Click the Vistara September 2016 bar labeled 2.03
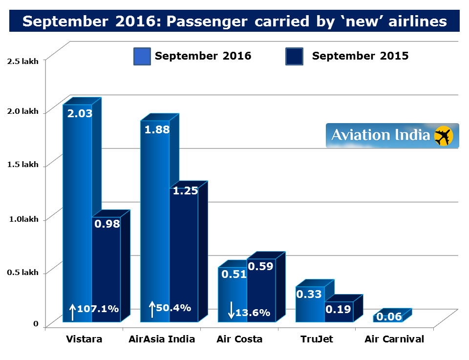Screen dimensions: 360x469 click(x=77, y=205)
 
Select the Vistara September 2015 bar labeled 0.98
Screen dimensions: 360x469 click(x=106, y=269)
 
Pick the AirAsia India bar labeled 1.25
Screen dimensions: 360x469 click(x=184, y=254)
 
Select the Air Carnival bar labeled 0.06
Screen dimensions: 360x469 click(x=389, y=318)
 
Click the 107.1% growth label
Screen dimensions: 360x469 click(x=98, y=309)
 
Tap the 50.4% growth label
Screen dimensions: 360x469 click(x=173, y=308)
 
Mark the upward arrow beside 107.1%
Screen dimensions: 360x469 click(x=72, y=312)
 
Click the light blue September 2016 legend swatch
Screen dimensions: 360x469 click(x=142, y=56)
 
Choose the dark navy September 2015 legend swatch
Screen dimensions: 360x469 click(x=294, y=56)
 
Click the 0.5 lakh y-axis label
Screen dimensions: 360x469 click(x=20, y=273)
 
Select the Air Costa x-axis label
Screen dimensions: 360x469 click(x=239, y=339)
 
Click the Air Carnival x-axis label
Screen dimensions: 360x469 click(x=394, y=339)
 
